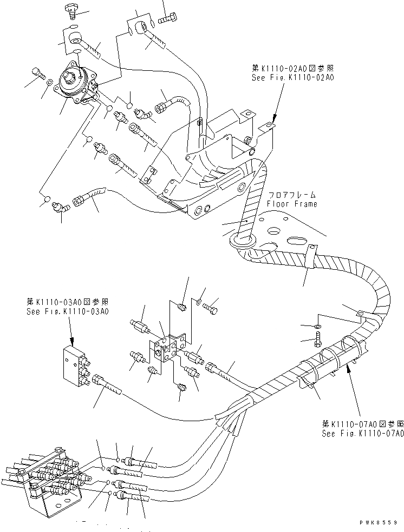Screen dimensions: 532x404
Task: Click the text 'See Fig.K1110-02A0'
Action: tap(293, 78)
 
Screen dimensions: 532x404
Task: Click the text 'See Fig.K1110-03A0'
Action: tap(67, 311)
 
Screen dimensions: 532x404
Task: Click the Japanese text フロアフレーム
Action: tap(291, 195)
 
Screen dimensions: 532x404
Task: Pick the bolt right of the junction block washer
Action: tap(211, 306)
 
